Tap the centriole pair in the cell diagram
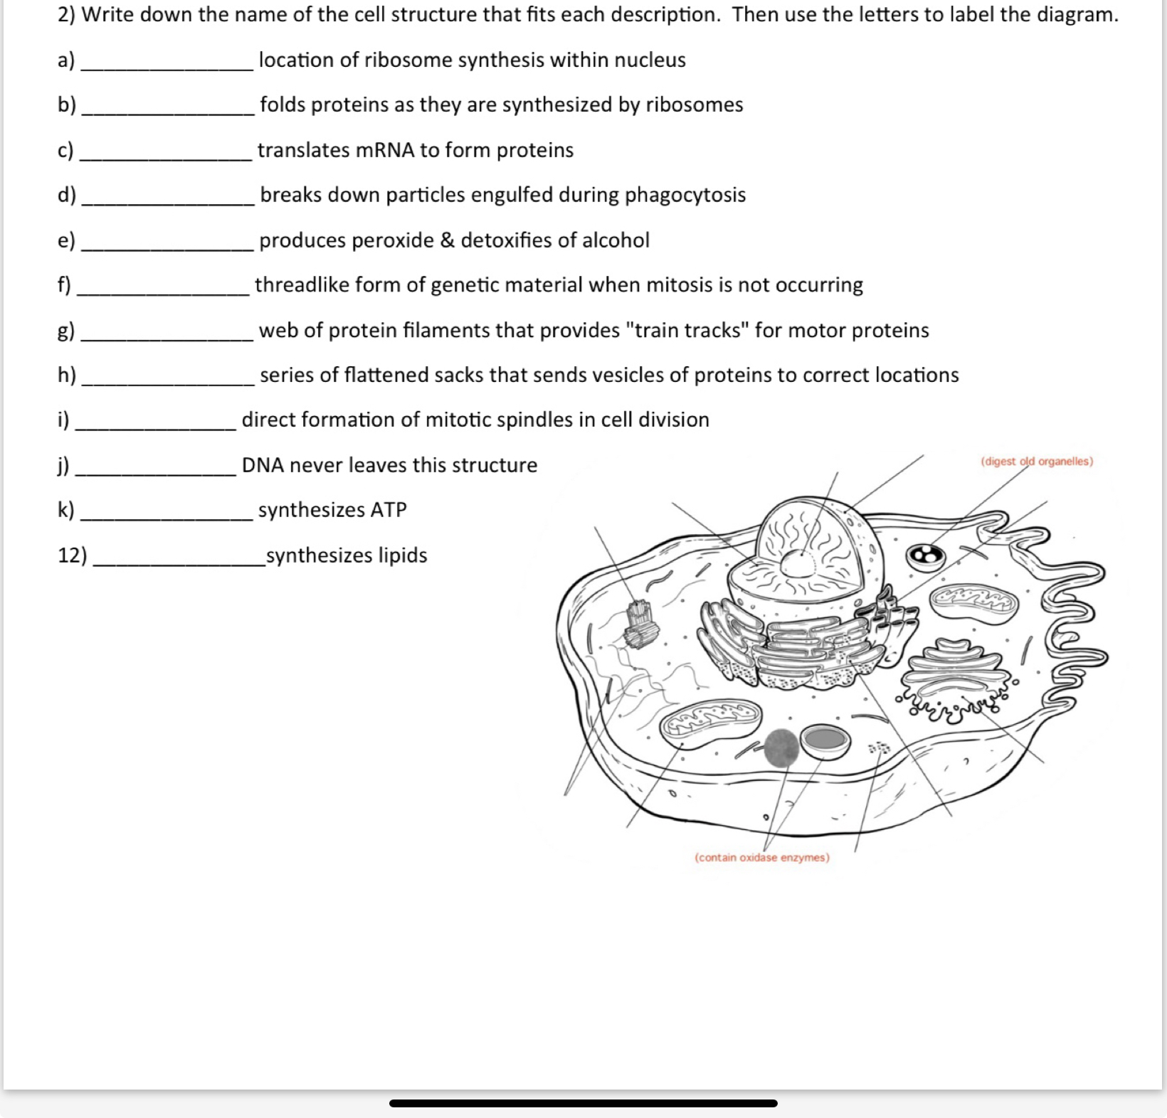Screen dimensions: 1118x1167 [639, 623]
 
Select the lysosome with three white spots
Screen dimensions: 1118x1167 [925, 556]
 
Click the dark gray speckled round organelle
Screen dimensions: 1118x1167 [781, 747]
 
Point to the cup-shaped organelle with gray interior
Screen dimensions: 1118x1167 [825, 741]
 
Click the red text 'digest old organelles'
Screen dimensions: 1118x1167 [1037, 461]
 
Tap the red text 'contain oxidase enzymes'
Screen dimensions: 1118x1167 [761, 857]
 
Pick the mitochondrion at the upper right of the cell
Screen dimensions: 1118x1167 [975, 601]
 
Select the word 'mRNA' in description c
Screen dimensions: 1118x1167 [384, 150]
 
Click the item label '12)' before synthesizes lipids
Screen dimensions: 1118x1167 [72, 555]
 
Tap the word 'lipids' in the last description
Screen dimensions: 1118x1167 [402, 555]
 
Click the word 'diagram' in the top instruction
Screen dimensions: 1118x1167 [1076, 14]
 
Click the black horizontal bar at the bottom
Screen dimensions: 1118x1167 [583, 1103]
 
